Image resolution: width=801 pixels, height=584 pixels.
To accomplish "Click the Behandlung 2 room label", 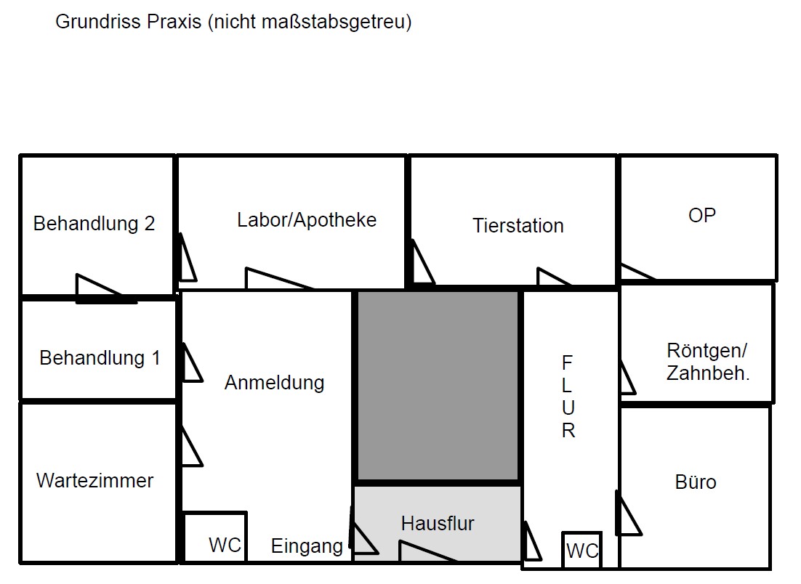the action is (94, 224).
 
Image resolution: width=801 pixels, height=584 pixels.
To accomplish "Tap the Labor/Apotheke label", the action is (307, 220).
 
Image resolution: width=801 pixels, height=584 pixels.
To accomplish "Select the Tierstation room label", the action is (518, 226).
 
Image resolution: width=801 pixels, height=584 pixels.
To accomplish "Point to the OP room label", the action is (702, 215).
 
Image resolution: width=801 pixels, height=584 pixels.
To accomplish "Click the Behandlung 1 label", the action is (100, 358).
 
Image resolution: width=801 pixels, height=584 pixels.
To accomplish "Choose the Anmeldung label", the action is (274, 382).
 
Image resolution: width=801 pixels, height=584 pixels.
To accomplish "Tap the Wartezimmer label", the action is (95, 480).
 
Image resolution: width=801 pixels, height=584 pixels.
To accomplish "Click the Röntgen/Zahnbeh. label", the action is (707, 362).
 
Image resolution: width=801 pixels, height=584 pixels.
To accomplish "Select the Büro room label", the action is (696, 482).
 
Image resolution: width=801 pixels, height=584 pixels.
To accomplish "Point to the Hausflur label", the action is (438, 523).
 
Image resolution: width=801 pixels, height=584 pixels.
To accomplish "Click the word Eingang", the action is (307, 546).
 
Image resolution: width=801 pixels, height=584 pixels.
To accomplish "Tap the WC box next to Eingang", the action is (215, 537).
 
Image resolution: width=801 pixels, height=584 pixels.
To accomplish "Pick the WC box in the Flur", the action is (581, 550).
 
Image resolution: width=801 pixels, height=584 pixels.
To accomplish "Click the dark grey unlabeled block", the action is (438, 386).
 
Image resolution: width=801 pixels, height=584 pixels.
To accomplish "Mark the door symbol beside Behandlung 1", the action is (192, 363).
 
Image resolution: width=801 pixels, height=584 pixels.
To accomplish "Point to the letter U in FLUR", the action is (568, 408).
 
